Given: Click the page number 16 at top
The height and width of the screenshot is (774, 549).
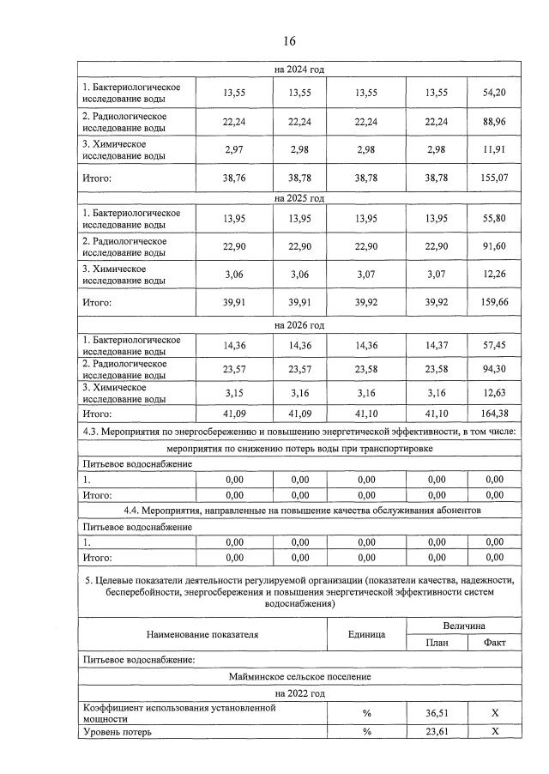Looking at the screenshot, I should pyautogui.click(x=289, y=41).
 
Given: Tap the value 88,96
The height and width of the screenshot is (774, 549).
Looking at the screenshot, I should pyautogui.click(x=494, y=122).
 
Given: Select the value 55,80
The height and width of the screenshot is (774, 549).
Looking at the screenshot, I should pyautogui.click(x=494, y=219).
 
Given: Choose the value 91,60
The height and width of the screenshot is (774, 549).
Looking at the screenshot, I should pyautogui.click(x=494, y=247).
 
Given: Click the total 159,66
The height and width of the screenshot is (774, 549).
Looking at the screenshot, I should pyautogui.click(x=494, y=303).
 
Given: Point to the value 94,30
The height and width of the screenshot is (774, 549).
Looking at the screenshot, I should pyautogui.click(x=494, y=370).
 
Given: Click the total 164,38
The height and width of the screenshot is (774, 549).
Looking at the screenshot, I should pyautogui.click(x=494, y=414).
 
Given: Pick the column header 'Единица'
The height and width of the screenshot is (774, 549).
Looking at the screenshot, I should pyautogui.click(x=368, y=635).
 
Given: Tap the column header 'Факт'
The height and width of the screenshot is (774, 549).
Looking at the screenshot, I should pyautogui.click(x=494, y=644).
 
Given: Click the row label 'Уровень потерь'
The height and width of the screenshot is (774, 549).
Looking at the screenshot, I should pyautogui.click(x=117, y=732).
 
